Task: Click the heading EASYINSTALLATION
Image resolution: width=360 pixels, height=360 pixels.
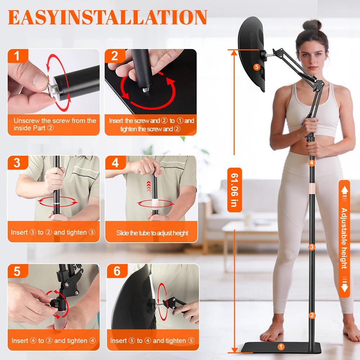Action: point(107,17)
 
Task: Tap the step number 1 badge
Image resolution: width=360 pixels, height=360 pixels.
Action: point(18,56)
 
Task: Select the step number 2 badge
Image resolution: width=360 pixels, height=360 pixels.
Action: point(115,56)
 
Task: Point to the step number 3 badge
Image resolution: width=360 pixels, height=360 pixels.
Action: point(18,163)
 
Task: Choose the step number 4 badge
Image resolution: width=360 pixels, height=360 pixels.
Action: point(116,163)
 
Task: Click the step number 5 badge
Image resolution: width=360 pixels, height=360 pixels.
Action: point(18,271)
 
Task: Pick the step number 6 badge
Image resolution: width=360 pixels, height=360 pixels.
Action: point(117,271)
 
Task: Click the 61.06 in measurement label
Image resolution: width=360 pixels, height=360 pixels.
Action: point(234,190)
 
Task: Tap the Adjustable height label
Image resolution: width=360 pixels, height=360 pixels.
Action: point(344,239)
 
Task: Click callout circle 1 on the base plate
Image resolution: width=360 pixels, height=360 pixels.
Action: point(281,347)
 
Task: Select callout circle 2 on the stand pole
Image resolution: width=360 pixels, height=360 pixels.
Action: point(312,315)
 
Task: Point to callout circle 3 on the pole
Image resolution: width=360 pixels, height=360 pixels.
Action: point(311,247)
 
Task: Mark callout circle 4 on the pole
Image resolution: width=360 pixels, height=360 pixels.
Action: point(311,163)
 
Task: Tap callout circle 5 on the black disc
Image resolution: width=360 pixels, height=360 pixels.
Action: point(257,67)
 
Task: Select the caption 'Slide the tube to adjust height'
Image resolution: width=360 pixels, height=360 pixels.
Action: point(152,233)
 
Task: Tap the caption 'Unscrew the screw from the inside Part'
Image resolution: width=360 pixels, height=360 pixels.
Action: point(55,124)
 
